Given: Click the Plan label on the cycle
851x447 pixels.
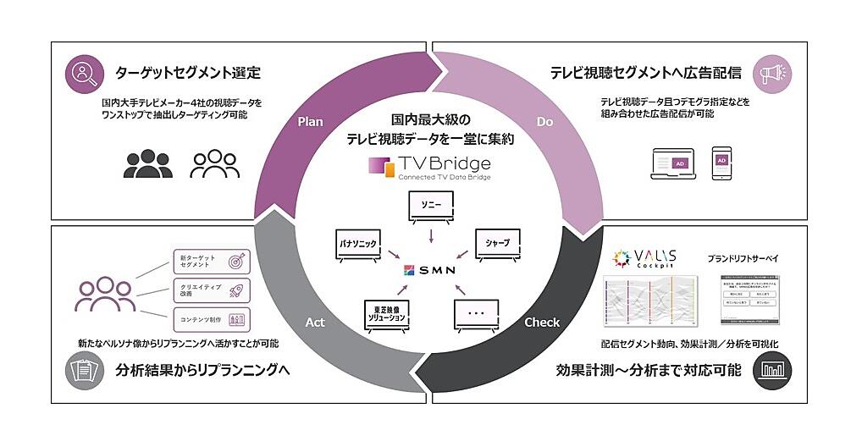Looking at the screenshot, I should point(311,122).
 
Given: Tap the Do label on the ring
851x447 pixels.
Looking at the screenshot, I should point(544,122).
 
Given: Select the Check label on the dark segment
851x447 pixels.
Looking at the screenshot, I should point(542,323).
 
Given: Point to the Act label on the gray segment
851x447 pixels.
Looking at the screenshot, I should point(313,323).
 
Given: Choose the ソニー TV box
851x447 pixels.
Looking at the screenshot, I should point(429,206).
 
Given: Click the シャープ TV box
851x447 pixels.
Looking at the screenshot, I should point(497,244).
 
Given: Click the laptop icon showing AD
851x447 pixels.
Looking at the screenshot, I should point(673,162).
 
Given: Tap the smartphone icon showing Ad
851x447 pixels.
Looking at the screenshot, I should point(722,161).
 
